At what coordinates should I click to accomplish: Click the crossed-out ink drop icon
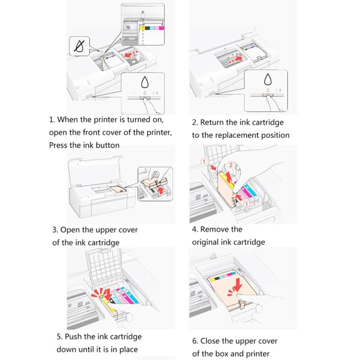click(x=79, y=46)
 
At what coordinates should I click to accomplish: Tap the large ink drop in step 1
click(x=145, y=82)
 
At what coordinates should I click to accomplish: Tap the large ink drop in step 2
click(x=268, y=79)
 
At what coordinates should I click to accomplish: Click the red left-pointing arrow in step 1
click(x=130, y=55)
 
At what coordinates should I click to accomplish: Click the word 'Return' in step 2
click(x=212, y=122)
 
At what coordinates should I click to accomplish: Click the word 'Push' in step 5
click(x=73, y=337)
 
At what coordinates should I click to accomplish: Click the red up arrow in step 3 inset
click(x=161, y=190)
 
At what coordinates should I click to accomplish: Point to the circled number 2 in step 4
click(x=231, y=164)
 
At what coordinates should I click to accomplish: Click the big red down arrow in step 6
click(x=237, y=284)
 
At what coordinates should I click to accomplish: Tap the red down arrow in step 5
click(x=107, y=294)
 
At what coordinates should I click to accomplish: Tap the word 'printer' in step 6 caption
click(x=257, y=354)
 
